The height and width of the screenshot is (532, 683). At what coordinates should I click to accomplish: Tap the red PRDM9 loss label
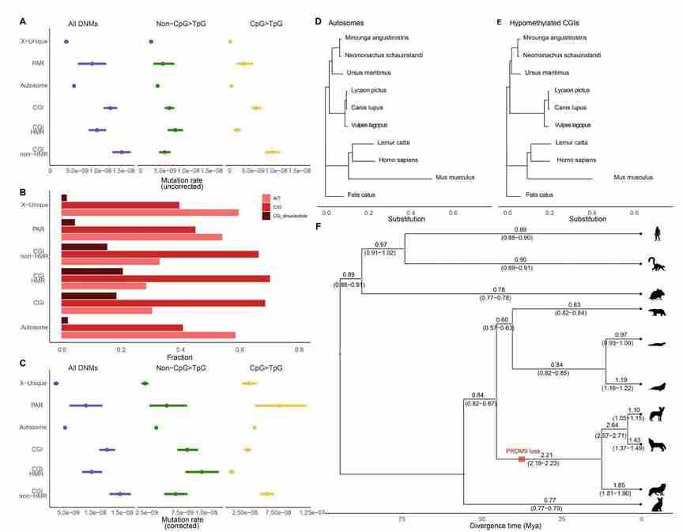pyautogui.click(x=523, y=451)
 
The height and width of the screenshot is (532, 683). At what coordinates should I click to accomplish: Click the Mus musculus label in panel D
pyautogui.click(x=455, y=177)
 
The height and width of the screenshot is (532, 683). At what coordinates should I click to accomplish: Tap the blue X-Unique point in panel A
pyautogui.click(x=66, y=40)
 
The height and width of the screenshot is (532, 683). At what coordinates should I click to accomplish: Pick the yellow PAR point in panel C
pyautogui.click(x=279, y=406)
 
